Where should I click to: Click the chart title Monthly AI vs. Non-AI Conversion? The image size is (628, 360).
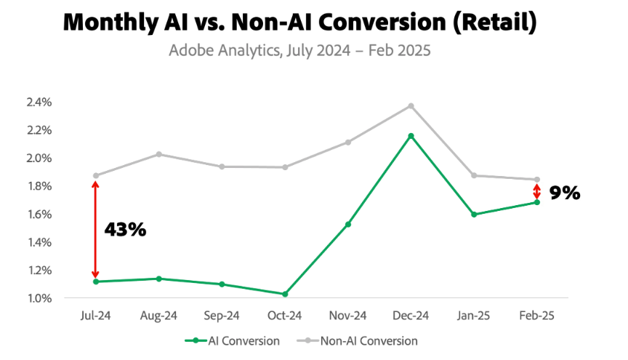point(299,23)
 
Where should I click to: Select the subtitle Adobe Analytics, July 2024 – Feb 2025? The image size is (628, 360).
point(299,52)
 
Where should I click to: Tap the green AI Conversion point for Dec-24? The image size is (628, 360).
point(411,136)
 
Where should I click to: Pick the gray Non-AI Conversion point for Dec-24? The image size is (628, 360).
point(411,106)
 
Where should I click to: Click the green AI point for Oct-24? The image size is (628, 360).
point(284,294)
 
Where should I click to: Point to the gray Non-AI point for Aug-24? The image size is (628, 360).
point(158,154)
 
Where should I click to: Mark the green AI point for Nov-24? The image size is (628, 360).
point(347,224)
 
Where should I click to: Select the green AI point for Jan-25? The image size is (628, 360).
point(474,215)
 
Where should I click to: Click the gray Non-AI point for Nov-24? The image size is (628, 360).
point(347,142)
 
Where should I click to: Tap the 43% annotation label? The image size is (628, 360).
point(125,230)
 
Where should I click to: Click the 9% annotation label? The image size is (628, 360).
point(565,193)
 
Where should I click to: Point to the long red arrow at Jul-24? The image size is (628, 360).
point(95,228)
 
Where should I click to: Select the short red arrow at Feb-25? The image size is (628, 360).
point(537,191)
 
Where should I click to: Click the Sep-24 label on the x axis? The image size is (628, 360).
point(221,316)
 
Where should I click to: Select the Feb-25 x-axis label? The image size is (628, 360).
point(537,316)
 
